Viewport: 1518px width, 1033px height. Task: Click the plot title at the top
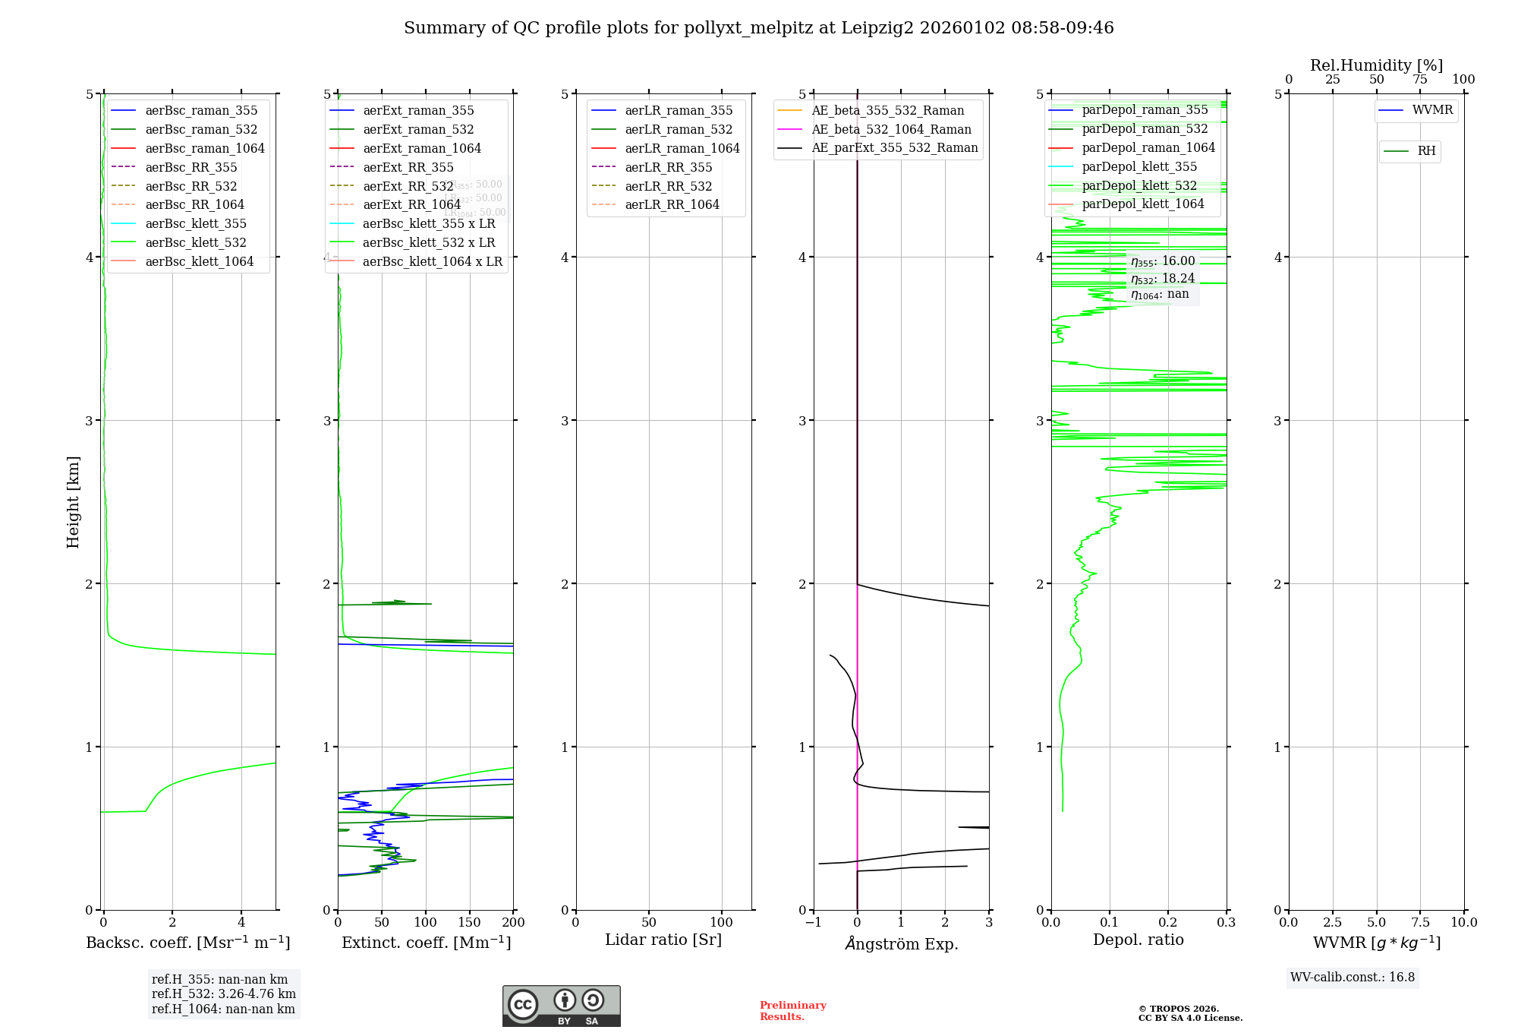click(x=758, y=28)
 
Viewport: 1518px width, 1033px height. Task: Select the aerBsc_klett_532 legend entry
click(x=196, y=242)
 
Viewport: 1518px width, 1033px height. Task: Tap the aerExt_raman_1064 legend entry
click(x=421, y=148)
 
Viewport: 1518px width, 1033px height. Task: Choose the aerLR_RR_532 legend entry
click(x=668, y=186)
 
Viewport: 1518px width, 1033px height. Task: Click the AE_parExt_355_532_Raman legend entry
click(x=894, y=147)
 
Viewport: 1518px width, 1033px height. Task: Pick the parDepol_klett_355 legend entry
click(x=1138, y=166)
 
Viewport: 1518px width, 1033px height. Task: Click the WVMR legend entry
click(x=1432, y=110)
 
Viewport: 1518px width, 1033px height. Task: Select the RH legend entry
click(x=1426, y=151)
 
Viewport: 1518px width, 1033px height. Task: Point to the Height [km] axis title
click(x=73, y=501)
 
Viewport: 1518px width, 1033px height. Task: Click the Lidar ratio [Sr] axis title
click(x=663, y=940)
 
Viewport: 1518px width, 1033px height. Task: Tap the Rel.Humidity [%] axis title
click(x=1376, y=65)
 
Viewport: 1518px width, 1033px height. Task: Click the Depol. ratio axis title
click(x=1138, y=940)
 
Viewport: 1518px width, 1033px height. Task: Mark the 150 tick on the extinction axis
click(x=469, y=922)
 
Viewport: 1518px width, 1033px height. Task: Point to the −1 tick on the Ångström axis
click(x=814, y=922)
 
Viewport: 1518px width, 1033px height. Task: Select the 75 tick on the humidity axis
click(x=1419, y=80)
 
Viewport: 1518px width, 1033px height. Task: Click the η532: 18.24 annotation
click(x=1162, y=279)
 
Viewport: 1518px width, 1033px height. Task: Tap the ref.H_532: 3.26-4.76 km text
click(x=223, y=994)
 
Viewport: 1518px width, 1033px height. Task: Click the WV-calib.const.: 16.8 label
click(x=1352, y=977)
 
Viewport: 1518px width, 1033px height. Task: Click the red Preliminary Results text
click(x=792, y=1010)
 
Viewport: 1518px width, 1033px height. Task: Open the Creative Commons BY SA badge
click(x=561, y=1006)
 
